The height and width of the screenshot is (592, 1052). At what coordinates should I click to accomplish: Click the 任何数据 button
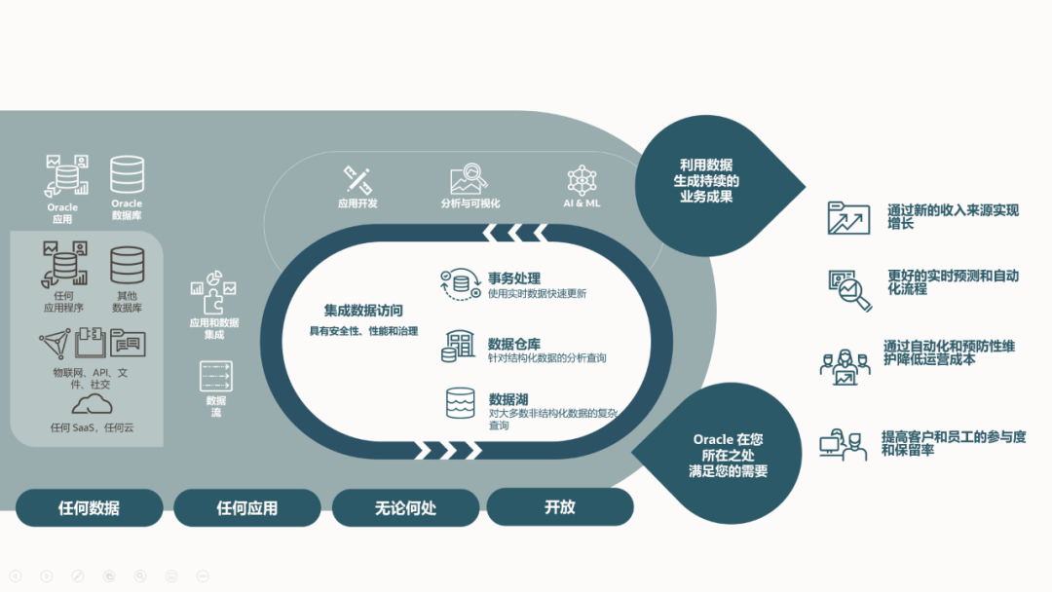click(x=89, y=507)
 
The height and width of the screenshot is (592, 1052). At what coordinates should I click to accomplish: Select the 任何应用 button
click(x=246, y=507)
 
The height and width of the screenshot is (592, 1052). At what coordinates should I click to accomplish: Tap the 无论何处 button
click(x=405, y=507)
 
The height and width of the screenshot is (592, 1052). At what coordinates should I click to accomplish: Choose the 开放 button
click(x=560, y=506)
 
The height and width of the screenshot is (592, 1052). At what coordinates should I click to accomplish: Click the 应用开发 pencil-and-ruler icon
click(x=357, y=180)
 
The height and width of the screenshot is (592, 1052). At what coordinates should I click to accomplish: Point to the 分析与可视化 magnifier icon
click(x=470, y=179)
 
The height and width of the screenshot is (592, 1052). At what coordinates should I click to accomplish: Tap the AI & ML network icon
click(x=582, y=180)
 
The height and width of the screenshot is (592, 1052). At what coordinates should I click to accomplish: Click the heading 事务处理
click(x=514, y=278)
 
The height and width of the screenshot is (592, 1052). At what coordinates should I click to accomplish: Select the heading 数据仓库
click(x=514, y=344)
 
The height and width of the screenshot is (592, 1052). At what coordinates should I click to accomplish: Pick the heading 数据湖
click(x=508, y=399)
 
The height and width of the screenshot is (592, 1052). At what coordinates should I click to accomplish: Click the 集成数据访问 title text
click(x=363, y=311)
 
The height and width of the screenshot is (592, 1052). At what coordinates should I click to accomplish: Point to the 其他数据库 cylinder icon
click(x=127, y=266)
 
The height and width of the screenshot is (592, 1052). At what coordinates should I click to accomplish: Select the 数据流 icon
click(x=215, y=376)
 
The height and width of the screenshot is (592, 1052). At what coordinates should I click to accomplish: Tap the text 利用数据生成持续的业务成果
click(x=706, y=180)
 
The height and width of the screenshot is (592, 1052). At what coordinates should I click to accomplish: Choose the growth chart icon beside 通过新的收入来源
click(x=847, y=218)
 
